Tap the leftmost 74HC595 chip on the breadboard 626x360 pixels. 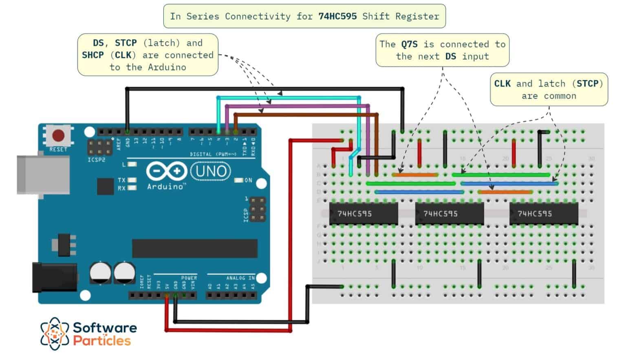click(x=363, y=213)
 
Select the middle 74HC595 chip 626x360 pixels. click(x=449, y=213)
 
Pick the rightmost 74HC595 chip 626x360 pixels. click(x=543, y=213)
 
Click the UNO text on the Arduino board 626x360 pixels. click(x=210, y=171)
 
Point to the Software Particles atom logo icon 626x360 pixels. click(x=55, y=334)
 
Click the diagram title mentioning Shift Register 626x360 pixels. click(x=304, y=16)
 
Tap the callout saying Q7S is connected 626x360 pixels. click(x=442, y=50)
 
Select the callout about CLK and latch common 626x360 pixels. click(x=549, y=90)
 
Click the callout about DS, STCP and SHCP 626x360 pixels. click(x=148, y=55)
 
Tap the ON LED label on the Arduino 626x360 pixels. click(x=248, y=180)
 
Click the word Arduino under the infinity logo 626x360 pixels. click(x=165, y=187)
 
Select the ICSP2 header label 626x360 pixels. click(x=97, y=160)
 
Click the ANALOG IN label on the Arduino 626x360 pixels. click(x=240, y=278)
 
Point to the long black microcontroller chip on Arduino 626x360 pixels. click(x=195, y=248)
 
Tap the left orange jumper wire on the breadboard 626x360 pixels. click(x=415, y=175)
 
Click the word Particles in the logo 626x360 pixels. click(x=102, y=341)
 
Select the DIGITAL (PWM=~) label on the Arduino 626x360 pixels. click(x=213, y=154)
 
